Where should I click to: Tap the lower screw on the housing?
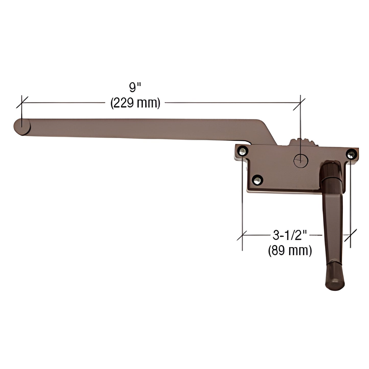(x=257, y=180)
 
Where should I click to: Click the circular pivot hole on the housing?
(x=301, y=161)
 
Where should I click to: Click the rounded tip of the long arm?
(x=21, y=127)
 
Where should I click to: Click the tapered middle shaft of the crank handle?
(x=332, y=220)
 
